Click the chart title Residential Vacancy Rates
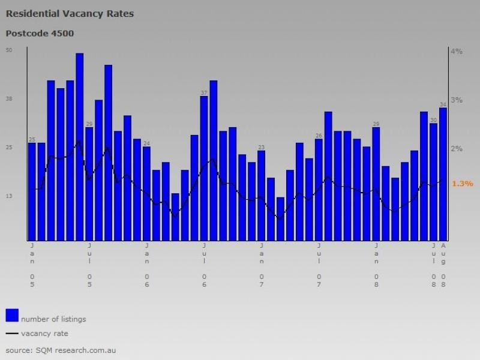70,13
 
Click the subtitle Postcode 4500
40,34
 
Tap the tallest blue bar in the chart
80,146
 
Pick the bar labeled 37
204,167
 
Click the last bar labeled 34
443,173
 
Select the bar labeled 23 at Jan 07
262,195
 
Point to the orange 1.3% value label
463,184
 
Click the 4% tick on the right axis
457,52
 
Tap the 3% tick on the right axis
457,100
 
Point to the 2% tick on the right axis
457,149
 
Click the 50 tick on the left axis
9,50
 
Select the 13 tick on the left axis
9,196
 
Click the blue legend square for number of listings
12,315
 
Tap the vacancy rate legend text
44,334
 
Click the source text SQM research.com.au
61,349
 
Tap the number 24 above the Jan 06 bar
146,143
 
